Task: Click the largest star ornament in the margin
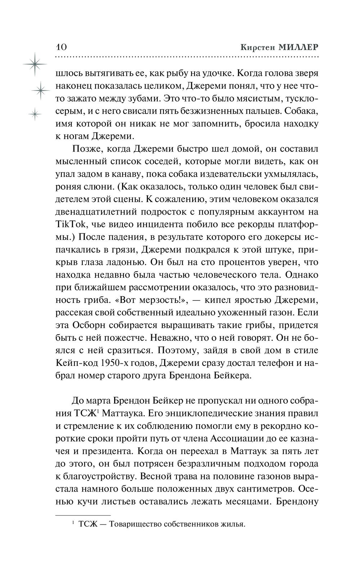(x=35, y=64)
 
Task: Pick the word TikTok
(x=69, y=224)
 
